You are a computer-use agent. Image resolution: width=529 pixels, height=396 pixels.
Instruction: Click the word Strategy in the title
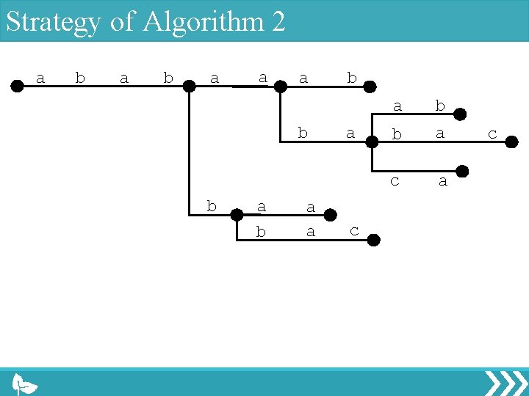click(x=53, y=22)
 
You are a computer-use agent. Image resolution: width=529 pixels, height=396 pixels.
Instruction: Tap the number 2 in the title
click(x=278, y=22)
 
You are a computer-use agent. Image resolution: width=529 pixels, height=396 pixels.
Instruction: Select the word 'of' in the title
click(x=123, y=22)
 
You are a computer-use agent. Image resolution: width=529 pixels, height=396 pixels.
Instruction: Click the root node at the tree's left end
click(x=16, y=86)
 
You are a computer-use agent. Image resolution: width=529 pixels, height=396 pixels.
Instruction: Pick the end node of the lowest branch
click(x=373, y=240)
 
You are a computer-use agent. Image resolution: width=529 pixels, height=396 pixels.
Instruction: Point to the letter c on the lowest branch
click(x=354, y=230)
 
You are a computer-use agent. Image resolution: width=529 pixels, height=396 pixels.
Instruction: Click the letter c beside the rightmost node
click(x=492, y=133)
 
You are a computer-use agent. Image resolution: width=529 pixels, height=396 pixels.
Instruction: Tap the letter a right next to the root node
click(x=40, y=77)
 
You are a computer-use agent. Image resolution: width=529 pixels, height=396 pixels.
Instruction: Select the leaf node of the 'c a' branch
click(x=462, y=172)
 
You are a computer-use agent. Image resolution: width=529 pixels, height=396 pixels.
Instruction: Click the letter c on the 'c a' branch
click(x=395, y=180)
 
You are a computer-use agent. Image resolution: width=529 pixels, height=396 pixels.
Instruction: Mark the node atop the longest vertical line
click(x=189, y=86)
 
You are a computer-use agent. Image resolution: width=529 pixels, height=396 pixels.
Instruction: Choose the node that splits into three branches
click(x=373, y=144)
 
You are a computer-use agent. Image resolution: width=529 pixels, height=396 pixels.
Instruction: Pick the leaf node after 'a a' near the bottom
click(x=331, y=215)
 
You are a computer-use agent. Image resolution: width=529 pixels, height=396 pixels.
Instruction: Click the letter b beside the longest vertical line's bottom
click(x=212, y=206)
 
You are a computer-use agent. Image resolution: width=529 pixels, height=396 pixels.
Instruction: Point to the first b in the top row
click(x=80, y=77)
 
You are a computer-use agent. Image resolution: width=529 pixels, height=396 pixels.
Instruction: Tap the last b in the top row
click(x=351, y=77)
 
